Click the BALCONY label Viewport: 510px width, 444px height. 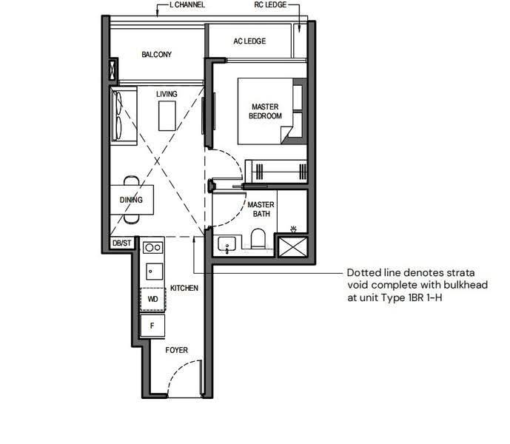coord(156,54)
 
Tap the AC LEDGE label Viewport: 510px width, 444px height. coord(249,41)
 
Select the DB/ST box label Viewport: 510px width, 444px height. coord(122,243)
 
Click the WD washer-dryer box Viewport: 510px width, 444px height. coord(152,299)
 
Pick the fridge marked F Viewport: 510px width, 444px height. coord(152,326)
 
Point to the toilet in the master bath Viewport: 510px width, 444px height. coord(258,238)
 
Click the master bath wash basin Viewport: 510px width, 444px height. coord(227,245)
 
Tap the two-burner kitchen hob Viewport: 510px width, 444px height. coord(153,248)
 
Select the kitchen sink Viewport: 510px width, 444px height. coord(154,272)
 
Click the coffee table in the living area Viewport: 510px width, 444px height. coord(167,115)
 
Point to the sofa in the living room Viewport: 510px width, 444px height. coord(124,115)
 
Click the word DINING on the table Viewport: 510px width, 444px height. coord(131,200)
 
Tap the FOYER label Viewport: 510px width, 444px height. coord(177,350)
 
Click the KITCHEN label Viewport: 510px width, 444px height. coord(184,288)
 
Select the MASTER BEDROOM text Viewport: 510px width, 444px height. coord(265,111)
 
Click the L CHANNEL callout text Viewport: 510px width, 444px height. coord(187,4)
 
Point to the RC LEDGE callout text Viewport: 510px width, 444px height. coord(270,4)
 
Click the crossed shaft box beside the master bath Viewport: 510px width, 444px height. coord(293,247)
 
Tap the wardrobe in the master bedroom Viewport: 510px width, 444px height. coord(276,171)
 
